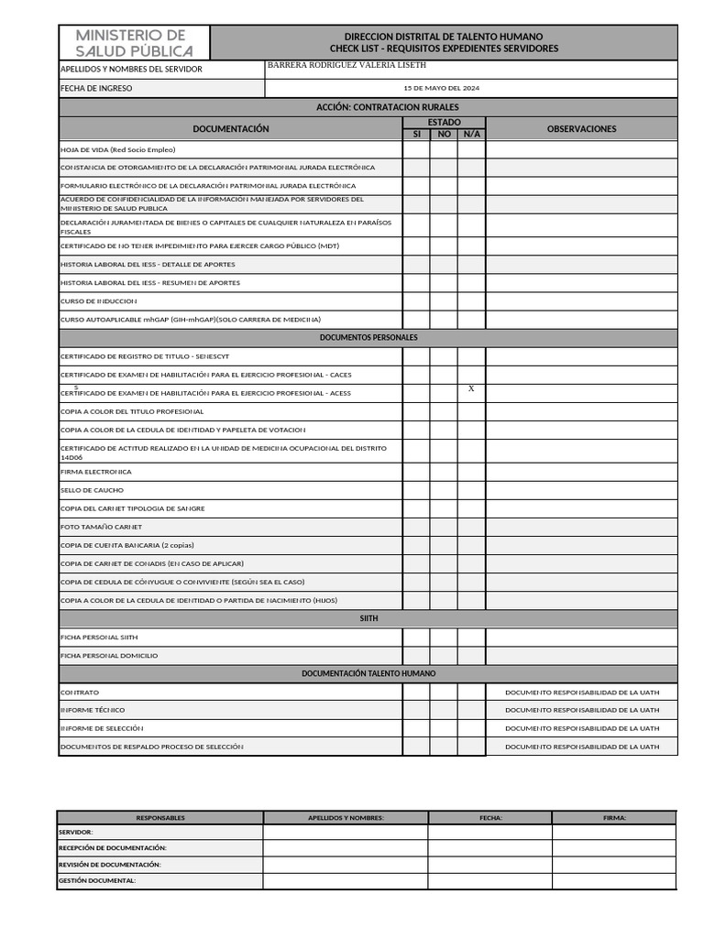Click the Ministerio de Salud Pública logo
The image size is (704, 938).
click(x=134, y=42)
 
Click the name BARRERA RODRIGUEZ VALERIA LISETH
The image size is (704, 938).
click(x=346, y=66)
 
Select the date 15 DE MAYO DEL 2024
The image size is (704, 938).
click(x=441, y=89)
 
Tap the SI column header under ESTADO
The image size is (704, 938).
click(x=416, y=135)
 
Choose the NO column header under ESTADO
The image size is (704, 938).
click(x=444, y=135)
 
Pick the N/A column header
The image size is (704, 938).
click(x=471, y=135)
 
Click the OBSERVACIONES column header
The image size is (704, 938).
click(x=581, y=129)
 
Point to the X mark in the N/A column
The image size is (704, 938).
click(x=471, y=389)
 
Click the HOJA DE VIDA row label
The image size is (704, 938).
click(x=117, y=149)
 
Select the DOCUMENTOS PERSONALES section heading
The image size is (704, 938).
click(x=368, y=338)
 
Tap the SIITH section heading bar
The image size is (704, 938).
click(x=368, y=618)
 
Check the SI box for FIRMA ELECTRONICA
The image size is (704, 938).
click(x=416, y=472)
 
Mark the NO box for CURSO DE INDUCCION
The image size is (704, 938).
click(x=444, y=301)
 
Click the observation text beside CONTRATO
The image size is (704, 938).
click(x=581, y=693)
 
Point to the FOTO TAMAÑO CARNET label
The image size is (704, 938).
click(x=101, y=527)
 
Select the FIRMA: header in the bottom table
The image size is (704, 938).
click(x=614, y=818)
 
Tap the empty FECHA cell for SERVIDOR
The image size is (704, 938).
click(x=489, y=833)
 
